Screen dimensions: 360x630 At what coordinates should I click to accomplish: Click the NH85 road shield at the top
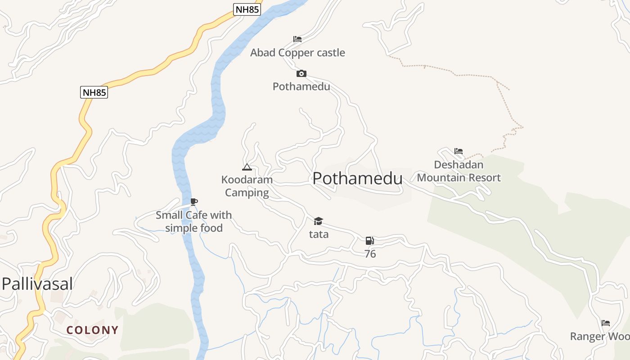(247, 9)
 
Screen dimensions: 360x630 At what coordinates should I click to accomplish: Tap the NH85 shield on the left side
(94, 92)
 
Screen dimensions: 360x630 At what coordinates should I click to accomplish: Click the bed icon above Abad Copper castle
(297, 39)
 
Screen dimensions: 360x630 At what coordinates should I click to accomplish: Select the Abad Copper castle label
(297, 53)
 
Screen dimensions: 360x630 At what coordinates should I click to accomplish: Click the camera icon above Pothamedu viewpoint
(301, 73)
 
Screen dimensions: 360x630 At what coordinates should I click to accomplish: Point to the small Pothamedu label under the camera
(301, 86)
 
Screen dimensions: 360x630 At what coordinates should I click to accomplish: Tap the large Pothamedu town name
(357, 179)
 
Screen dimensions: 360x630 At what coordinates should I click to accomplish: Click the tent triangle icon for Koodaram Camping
(247, 167)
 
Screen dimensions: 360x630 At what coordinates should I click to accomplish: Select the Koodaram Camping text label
(247, 186)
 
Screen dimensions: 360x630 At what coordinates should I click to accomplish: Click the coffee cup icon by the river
(193, 202)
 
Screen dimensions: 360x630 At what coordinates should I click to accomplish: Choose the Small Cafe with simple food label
(193, 221)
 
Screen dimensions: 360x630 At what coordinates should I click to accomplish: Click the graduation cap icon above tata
(318, 221)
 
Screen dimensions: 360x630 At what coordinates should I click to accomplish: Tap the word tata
(319, 234)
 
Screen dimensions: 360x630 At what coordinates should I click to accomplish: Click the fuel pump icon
(369, 241)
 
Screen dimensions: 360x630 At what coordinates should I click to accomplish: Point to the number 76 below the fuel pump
(370, 254)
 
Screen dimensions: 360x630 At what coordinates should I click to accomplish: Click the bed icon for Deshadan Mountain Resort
(458, 151)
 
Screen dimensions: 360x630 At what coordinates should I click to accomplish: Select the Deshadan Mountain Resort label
(459, 171)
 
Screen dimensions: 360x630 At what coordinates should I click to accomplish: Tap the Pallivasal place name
(37, 284)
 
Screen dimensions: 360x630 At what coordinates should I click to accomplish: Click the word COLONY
(92, 330)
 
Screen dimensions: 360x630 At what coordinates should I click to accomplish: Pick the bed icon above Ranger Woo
(605, 323)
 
